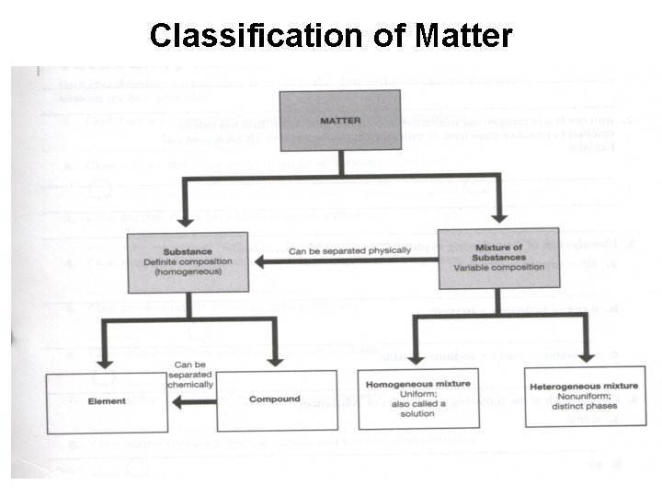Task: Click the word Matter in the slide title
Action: coord(463,36)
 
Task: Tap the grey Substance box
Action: coord(187,261)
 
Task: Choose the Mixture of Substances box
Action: coord(498,259)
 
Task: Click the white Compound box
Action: coord(276,400)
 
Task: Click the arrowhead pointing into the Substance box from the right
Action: coord(260,262)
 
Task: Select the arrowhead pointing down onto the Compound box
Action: coord(273,363)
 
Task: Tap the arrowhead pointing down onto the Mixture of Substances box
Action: coord(497,219)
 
